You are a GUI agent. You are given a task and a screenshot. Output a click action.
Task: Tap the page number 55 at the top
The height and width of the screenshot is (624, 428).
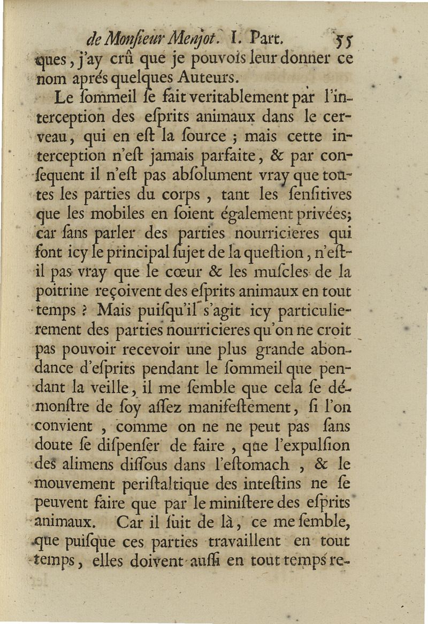[341, 40]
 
